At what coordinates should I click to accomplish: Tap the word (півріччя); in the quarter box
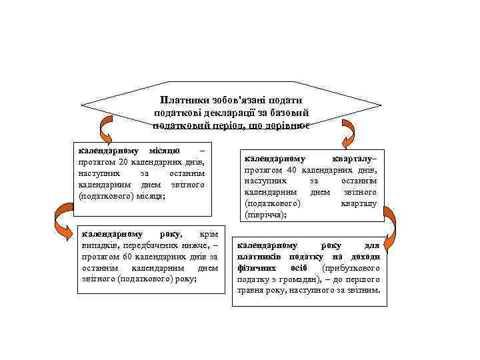coord(267,215)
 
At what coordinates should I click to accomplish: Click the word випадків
coord(97,245)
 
